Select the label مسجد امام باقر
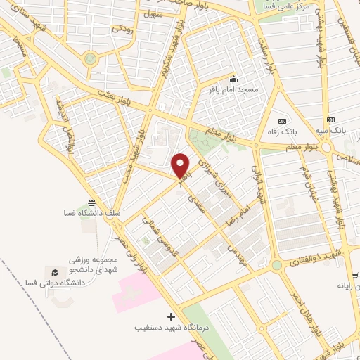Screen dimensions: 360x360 [238, 90]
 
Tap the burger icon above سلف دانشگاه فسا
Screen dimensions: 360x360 [92, 202]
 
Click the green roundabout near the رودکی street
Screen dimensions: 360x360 [89, 59]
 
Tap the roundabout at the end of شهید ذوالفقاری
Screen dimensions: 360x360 [276, 265]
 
